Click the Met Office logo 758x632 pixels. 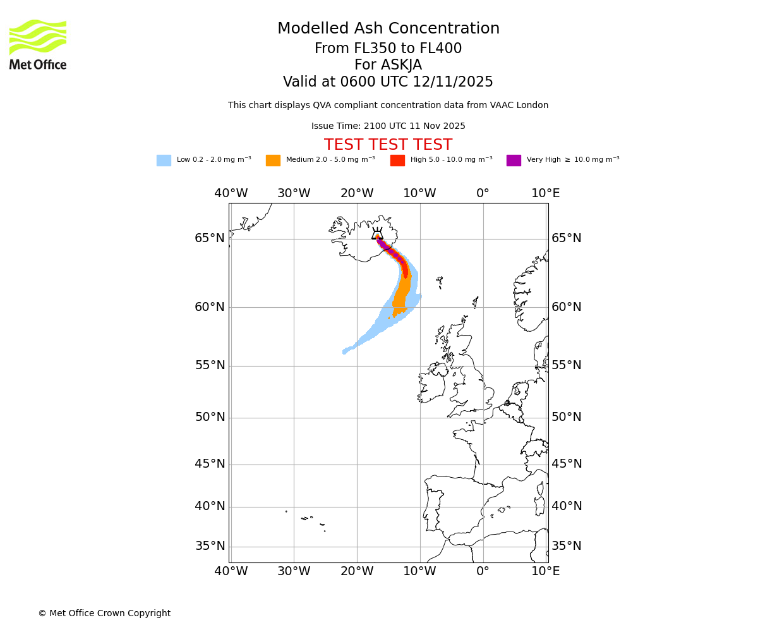pos(38,44)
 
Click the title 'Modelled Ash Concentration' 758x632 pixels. pos(388,29)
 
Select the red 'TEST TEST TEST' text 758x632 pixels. pos(388,145)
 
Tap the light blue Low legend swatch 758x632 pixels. pos(164,161)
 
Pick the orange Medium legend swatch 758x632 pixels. pos(273,161)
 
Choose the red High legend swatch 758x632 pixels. pos(397,161)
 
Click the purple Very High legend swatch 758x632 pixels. pos(514,161)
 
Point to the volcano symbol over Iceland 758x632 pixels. pos(377,234)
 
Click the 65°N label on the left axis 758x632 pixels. pos(210,238)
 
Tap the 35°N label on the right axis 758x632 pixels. pos(567,546)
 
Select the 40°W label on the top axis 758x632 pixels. pos(231,193)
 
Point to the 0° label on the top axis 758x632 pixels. pos(483,193)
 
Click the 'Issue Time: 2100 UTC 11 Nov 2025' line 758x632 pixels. pos(388,126)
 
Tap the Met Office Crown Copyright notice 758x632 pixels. pos(104,614)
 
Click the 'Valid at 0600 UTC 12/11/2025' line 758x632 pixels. pos(388,82)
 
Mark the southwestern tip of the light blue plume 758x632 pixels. pos(344,351)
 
